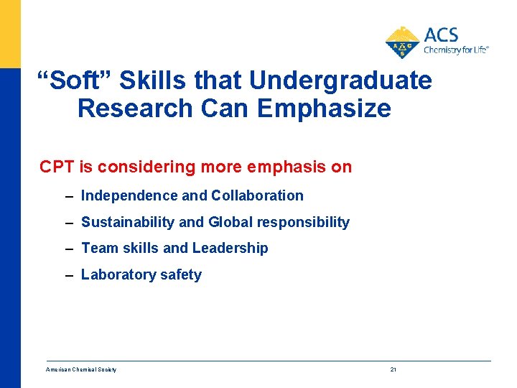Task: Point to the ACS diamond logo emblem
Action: (402, 42)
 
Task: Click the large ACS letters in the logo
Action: (441, 35)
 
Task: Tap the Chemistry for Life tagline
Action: (455, 50)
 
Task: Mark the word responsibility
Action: (303, 222)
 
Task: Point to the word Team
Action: (99, 248)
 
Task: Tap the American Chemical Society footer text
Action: (81, 369)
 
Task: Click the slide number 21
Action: (393, 369)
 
